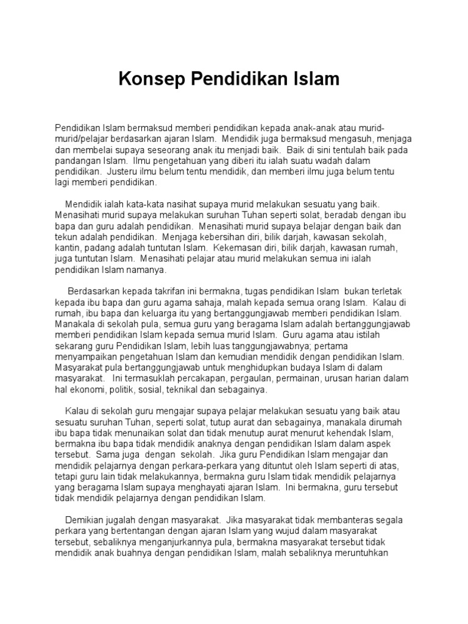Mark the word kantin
click(66, 249)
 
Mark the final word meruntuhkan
click(366, 553)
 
